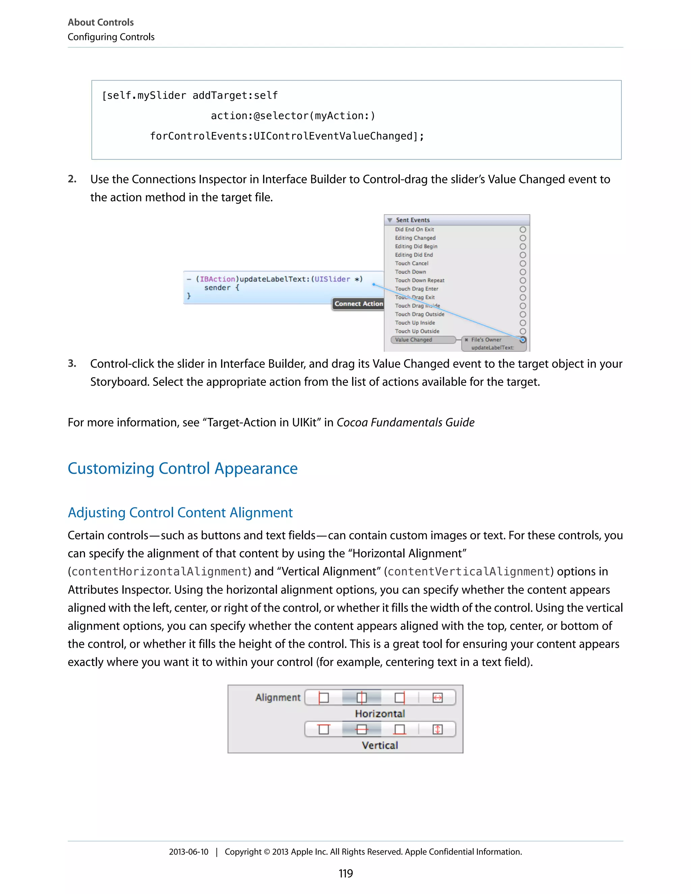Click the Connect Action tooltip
click(358, 304)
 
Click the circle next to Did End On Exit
click(523, 230)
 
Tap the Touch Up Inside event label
click(415, 323)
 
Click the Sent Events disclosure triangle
click(390, 220)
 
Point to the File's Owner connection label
click(486, 340)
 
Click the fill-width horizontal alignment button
click(437, 698)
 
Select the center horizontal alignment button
click(361, 698)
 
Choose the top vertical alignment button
click(323, 729)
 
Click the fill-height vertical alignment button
click(437, 729)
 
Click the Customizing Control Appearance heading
click(183, 468)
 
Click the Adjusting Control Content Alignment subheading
click(180, 512)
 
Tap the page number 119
click(345, 873)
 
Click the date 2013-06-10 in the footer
click(188, 852)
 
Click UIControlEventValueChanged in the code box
click(333, 136)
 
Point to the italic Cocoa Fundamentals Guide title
click(405, 422)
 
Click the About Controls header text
click(101, 22)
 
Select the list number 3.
click(72, 363)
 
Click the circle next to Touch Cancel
click(523, 263)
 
